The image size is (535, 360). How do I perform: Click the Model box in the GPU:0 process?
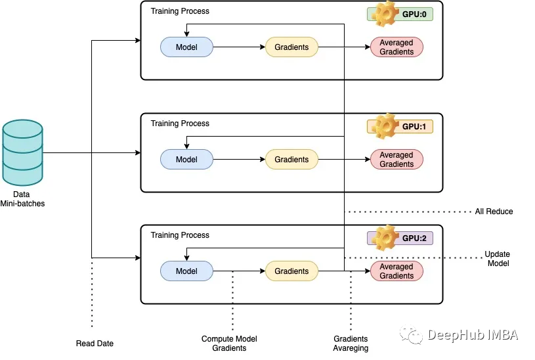pyautogui.click(x=187, y=47)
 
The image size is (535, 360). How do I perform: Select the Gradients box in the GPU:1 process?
pyautogui.click(x=291, y=160)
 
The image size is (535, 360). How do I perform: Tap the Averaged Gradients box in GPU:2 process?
pyautogui.click(x=396, y=271)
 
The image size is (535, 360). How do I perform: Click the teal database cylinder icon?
pyautogui.click(x=22, y=152)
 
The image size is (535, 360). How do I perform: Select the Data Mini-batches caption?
pyautogui.click(x=22, y=199)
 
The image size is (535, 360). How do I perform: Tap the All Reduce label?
pyautogui.click(x=494, y=212)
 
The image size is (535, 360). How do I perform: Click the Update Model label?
pyautogui.click(x=497, y=259)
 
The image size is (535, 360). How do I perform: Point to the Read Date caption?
pyautogui.click(x=95, y=344)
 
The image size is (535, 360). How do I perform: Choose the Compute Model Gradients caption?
pyautogui.click(x=229, y=344)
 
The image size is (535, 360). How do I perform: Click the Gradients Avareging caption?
pyautogui.click(x=351, y=344)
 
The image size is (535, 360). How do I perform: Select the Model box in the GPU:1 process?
pyautogui.click(x=187, y=160)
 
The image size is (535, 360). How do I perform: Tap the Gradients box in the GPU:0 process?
pyautogui.click(x=291, y=47)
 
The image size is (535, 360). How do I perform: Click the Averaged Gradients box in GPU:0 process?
pyautogui.click(x=396, y=47)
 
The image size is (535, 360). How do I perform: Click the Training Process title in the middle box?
pyautogui.click(x=180, y=124)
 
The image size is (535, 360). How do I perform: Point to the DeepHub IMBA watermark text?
pyautogui.click(x=472, y=335)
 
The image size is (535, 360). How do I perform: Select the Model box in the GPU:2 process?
pyautogui.click(x=187, y=271)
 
